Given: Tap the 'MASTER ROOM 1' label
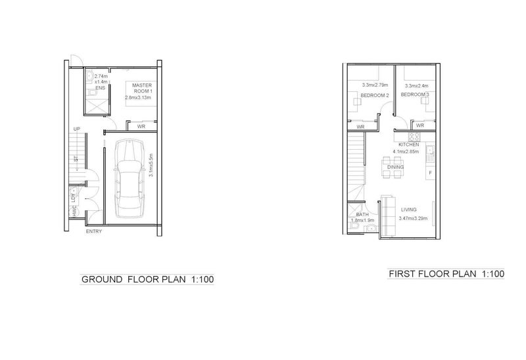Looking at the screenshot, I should (x=142, y=88).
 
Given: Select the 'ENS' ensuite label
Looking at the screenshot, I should (x=100, y=87).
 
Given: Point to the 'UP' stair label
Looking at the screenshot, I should (x=77, y=129).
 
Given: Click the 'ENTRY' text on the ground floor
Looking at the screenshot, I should (x=94, y=231).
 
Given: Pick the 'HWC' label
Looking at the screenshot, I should (x=74, y=212).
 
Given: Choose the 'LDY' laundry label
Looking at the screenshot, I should (x=74, y=197).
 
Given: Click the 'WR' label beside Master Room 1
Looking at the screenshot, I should (x=141, y=127).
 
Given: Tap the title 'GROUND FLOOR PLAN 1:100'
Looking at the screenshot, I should (x=147, y=279).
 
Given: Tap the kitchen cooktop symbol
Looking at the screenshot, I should (x=414, y=137).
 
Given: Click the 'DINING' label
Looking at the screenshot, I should (x=395, y=168).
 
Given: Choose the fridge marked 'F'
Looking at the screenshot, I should (x=429, y=173).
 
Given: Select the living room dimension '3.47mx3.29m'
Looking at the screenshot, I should (x=414, y=217).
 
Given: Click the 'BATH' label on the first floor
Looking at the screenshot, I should (x=362, y=215).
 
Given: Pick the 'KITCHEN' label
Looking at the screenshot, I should (x=409, y=145).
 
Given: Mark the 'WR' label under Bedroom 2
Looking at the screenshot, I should (x=360, y=127).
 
